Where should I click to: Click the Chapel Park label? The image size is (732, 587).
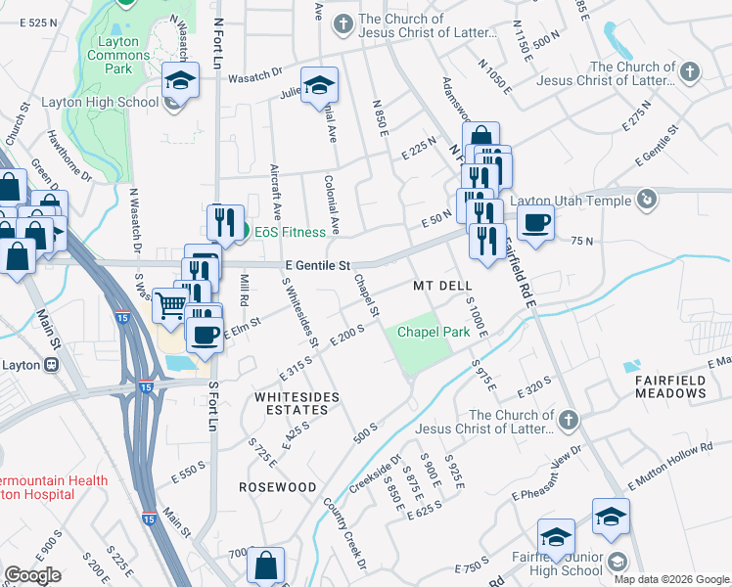[433, 333]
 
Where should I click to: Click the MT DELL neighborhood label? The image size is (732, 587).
[435, 286]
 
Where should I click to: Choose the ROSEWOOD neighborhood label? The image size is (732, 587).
[278, 486]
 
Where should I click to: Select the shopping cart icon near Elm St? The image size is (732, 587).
[169, 305]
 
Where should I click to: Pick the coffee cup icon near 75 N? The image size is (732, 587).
[535, 223]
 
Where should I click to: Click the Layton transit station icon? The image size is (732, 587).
[50, 365]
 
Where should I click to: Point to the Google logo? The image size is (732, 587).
[33, 575]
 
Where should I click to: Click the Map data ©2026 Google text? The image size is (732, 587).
[670, 579]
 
